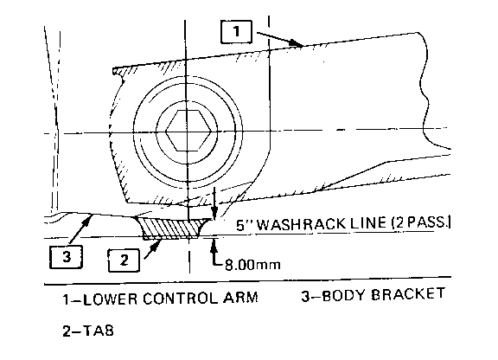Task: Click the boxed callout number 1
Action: [x=236, y=31]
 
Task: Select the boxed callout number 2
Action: [x=124, y=260]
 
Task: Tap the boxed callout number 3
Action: [x=66, y=257]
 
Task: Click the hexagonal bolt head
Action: [x=188, y=131]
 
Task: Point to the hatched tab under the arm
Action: [x=172, y=228]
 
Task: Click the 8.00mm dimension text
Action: [x=252, y=265]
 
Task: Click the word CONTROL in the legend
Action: [x=180, y=299]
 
